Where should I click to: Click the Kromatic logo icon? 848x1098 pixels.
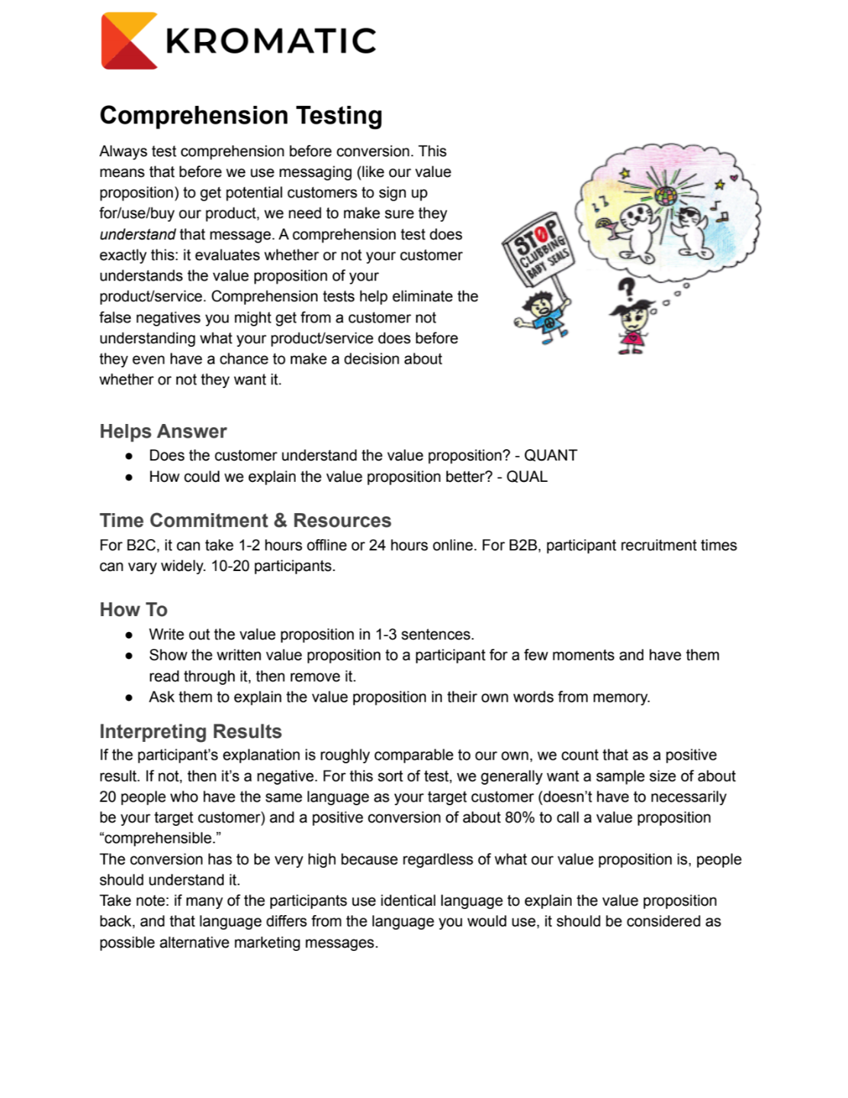129,41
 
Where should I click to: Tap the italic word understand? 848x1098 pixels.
137,235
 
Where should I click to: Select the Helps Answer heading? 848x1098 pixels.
163,432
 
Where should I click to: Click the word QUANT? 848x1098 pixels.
550,456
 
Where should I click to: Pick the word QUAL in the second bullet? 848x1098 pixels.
527,477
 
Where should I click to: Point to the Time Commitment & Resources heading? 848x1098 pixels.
245,521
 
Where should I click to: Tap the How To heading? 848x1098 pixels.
133,610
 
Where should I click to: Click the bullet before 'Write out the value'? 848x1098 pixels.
130,635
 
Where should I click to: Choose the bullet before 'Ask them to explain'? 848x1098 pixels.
130,698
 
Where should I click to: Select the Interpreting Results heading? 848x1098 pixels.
191,732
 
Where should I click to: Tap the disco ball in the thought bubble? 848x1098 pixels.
666,195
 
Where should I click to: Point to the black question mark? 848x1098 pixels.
626,289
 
